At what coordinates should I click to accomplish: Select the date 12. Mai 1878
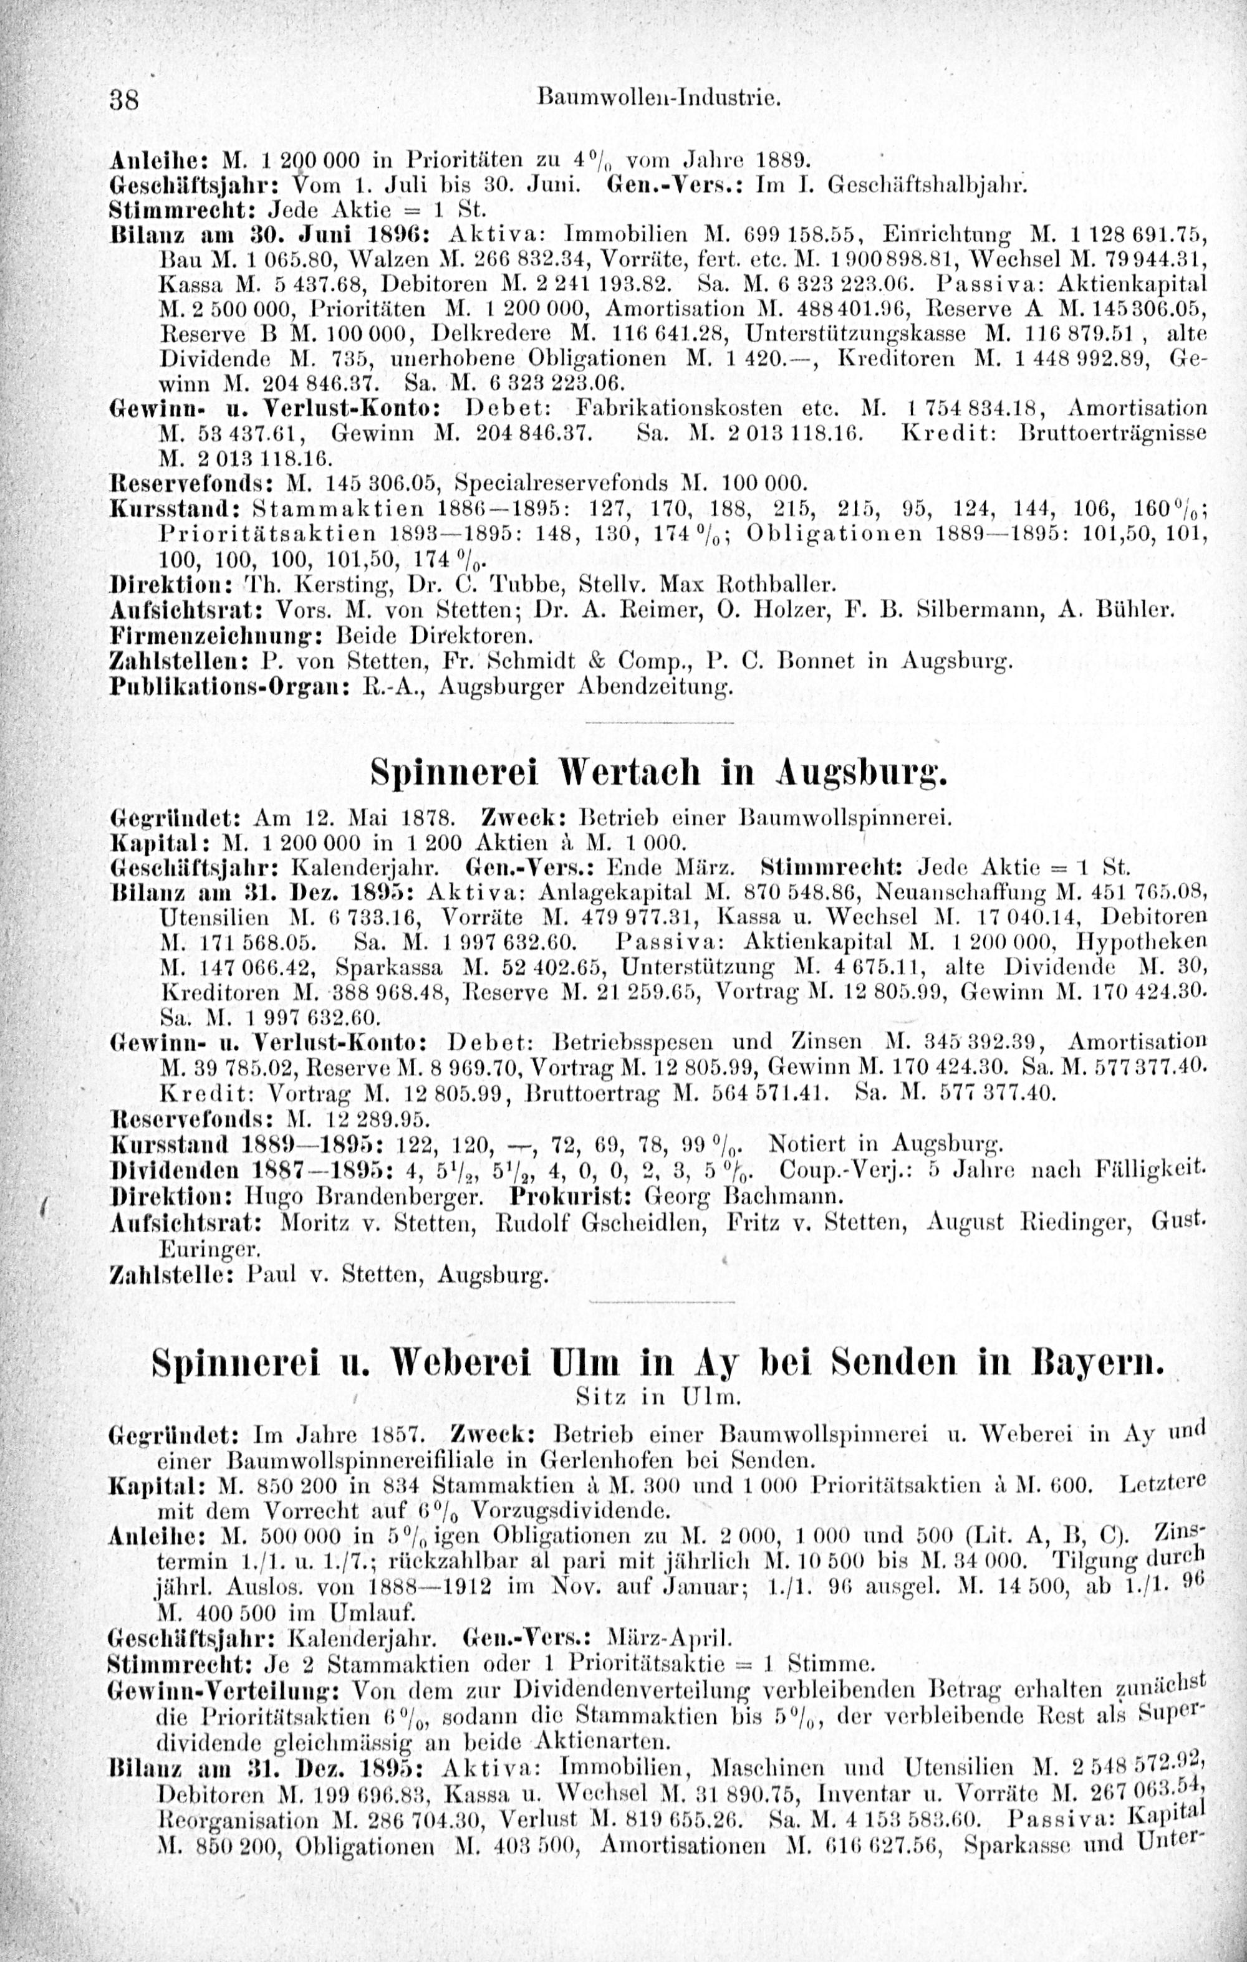coord(356,813)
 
